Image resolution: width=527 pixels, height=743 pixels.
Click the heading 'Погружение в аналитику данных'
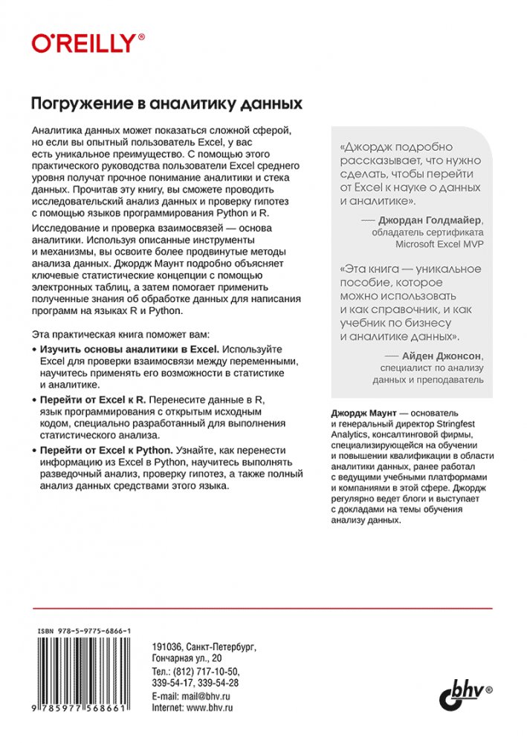165,102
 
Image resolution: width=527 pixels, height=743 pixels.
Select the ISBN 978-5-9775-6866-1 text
84,629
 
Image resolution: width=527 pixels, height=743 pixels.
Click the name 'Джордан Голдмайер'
430,220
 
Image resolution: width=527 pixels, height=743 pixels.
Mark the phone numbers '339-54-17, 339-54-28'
194,683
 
